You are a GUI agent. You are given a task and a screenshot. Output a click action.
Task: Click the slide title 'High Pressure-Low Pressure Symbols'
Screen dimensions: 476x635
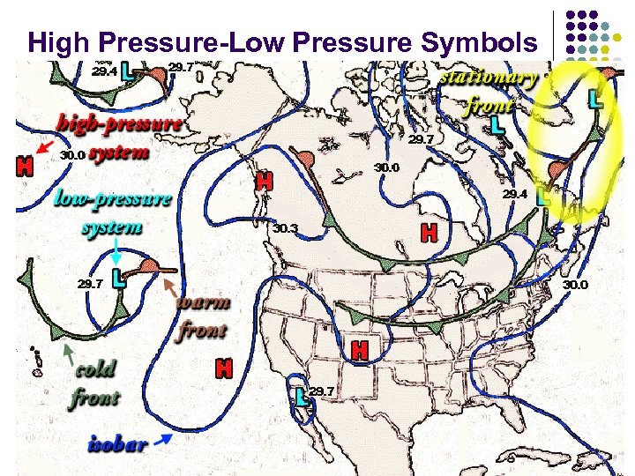coord(281,41)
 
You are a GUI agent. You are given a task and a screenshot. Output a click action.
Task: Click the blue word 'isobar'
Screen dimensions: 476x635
coord(117,443)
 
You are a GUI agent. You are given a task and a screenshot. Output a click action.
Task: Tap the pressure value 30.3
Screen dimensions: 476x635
coord(285,228)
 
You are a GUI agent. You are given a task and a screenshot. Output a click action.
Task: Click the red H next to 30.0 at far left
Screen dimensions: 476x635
coord(26,164)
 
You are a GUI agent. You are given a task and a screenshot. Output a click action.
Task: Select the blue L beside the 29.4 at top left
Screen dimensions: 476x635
coord(130,70)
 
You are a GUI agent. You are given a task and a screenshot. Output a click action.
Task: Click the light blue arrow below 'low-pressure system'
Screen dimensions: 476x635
coord(117,257)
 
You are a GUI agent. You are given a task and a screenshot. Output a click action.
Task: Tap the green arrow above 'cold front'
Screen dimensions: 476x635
coord(68,353)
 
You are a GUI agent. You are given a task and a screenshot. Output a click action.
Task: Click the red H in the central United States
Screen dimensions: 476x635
coord(359,350)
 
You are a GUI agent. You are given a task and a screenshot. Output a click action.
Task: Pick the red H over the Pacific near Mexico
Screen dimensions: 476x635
coord(224,368)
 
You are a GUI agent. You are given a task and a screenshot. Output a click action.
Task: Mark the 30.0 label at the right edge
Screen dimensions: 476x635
coord(575,285)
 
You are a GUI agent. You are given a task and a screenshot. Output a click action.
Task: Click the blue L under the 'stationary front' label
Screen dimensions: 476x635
coord(498,126)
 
